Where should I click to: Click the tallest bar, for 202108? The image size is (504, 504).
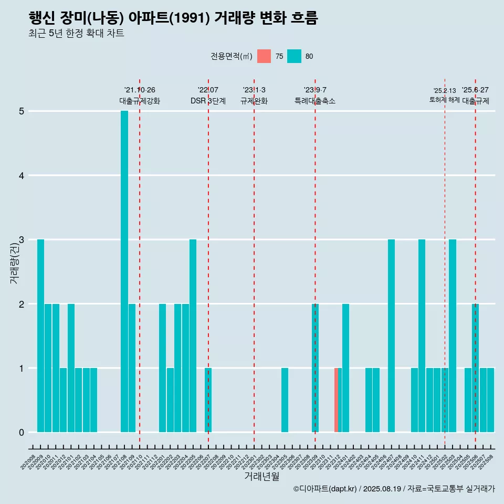coord(124,271)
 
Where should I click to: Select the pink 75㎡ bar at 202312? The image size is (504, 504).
coord(336,400)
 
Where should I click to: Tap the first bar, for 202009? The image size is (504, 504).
coord(40,335)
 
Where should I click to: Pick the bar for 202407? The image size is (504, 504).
coord(391,335)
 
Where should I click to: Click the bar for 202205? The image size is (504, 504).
coord(193,335)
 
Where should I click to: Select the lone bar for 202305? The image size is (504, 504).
coord(285,400)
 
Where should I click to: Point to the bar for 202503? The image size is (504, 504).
coord(452,335)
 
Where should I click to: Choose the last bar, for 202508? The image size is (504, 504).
coord(490,400)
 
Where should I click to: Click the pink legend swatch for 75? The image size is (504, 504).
coord(264,56)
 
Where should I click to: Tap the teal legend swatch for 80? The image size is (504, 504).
coord(294,56)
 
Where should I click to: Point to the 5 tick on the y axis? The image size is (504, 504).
coord(22,111)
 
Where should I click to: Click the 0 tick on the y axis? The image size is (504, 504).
coord(22,432)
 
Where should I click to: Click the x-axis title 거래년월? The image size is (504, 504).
coord(261,476)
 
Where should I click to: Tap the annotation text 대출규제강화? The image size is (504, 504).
coord(140,101)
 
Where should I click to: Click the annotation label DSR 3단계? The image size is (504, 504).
coord(208,101)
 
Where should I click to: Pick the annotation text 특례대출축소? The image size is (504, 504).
coord(315,101)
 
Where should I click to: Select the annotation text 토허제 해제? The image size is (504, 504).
coord(445,100)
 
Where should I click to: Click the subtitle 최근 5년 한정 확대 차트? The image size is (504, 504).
coord(76,34)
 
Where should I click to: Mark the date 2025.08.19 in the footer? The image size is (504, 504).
coord(382,489)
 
